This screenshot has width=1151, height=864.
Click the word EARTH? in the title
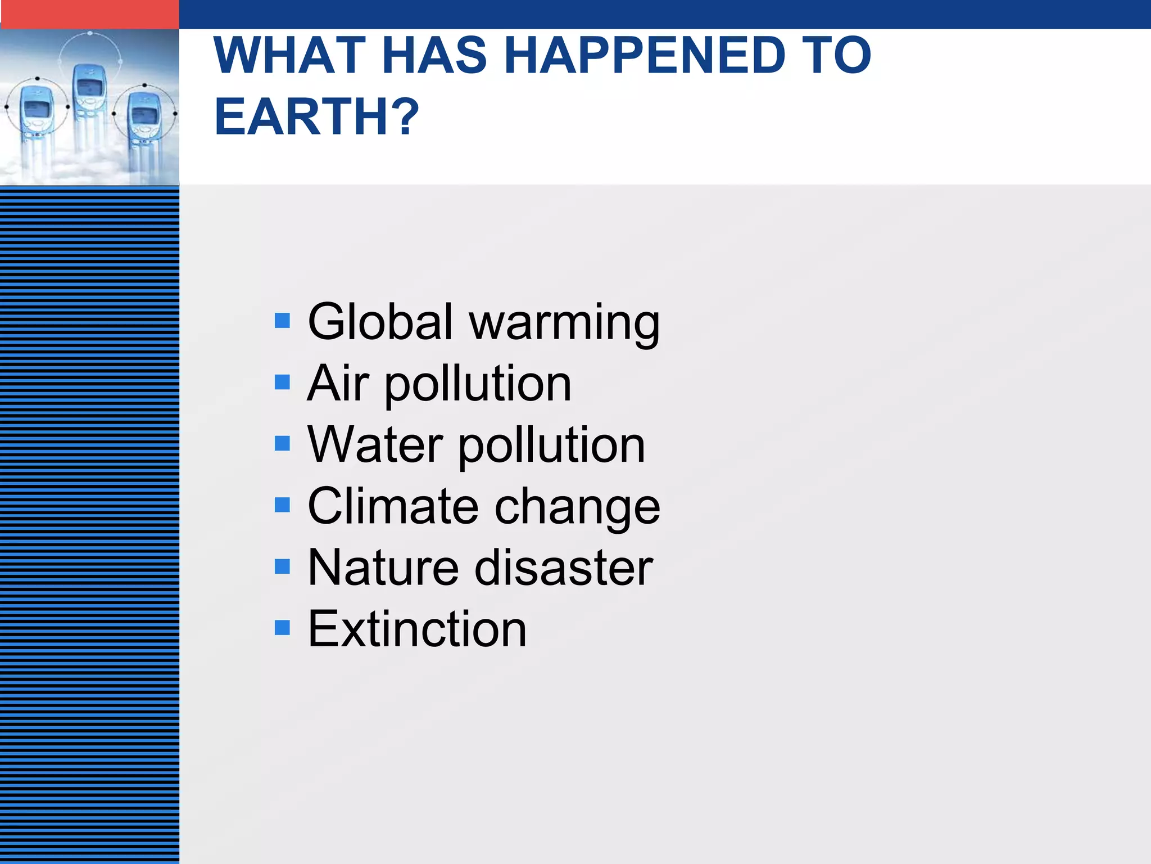pyautogui.click(x=316, y=116)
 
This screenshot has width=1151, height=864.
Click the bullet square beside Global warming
pyautogui.click(x=282, y=321)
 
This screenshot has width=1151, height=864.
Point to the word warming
pyautogui.click(x=564, y=323)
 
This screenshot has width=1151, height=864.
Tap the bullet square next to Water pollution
pyautogui.click(x=282, y=444)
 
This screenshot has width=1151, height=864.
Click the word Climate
pyautogui.click(x=393, y=506)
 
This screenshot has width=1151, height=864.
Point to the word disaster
pyautogui.click(x=564, y=567)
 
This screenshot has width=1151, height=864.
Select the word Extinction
pyautogui.click(x=417, y=628)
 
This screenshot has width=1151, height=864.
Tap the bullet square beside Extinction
pyautogui.click(x=282, y=627)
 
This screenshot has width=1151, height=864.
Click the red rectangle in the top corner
pyautogui.click(x=89, y=14)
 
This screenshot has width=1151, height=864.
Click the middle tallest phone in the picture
pyautogui.click(x=88, y=96)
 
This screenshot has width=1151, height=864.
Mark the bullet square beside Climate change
pyautogui.click(x=282, y=505)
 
